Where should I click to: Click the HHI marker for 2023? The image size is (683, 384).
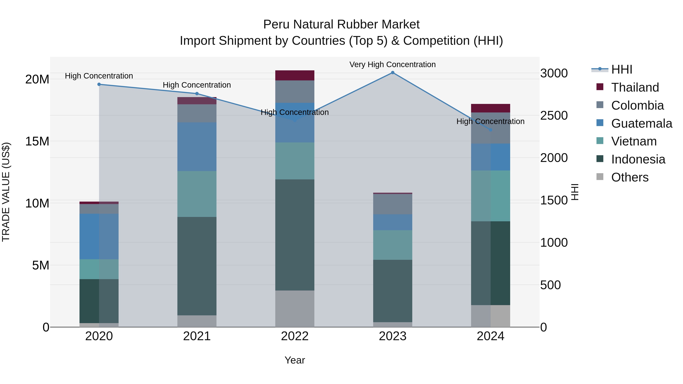click(393, 73)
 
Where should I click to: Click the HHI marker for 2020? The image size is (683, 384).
click(99, 84)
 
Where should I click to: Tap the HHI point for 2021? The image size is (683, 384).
click(197, 93)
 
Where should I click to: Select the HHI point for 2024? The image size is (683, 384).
click(490, 130)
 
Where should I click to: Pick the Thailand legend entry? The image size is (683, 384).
click(635, 87)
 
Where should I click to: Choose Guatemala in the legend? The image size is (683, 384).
click(642, 123)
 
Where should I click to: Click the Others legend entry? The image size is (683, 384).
click(630, 177)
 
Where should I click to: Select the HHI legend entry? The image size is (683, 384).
click(622, 69)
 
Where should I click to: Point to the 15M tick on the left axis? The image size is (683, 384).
click(37, 141)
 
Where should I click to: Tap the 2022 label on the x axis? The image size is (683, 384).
click(295, 336)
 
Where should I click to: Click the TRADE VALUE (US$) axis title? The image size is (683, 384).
click(6, 192)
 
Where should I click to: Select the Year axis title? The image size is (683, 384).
click(295, 360)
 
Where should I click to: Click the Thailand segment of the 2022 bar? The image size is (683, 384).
click(295, 75)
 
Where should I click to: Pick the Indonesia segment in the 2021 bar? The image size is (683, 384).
click(197, 266)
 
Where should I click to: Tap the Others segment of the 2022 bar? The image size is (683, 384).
click(295, 309)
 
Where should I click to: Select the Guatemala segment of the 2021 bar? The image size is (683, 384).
click(197, 147)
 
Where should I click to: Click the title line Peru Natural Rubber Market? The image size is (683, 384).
click(341, 24)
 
